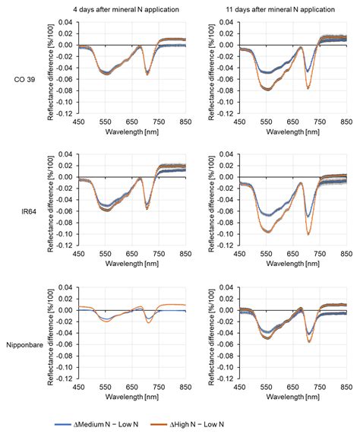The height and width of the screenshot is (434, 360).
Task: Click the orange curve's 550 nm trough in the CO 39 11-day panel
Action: tap(268, 89)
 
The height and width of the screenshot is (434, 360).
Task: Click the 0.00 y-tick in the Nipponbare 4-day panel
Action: tap(68, 310)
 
